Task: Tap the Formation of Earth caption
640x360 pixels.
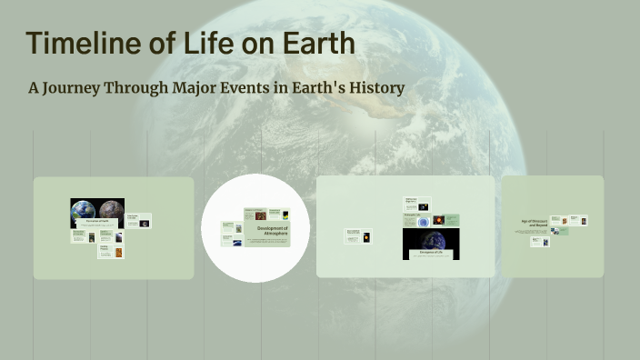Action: [96, 221]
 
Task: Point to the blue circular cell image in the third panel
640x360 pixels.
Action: [423, 220]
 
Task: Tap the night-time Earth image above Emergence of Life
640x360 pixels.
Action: [431, 239]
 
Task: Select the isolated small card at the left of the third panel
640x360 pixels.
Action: [358, 235]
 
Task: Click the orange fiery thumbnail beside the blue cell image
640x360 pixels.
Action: [439, 219]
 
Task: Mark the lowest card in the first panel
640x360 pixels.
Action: [110, 251]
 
